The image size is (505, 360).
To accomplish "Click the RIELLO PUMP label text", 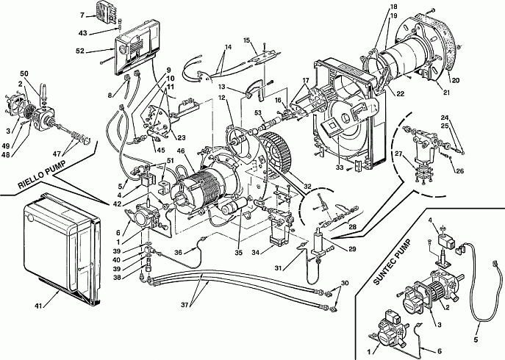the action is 42,176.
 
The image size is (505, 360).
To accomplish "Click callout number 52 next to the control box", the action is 80,51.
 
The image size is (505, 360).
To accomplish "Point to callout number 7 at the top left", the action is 82,15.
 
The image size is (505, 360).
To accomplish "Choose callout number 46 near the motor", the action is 182,151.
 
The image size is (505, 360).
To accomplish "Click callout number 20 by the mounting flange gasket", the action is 455,81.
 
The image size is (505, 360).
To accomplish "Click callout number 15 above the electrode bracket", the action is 247,40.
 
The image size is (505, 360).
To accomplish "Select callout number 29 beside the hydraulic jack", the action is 352,249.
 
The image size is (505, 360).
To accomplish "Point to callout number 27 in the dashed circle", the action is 398,154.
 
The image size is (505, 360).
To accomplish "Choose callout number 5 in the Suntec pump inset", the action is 476,339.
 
